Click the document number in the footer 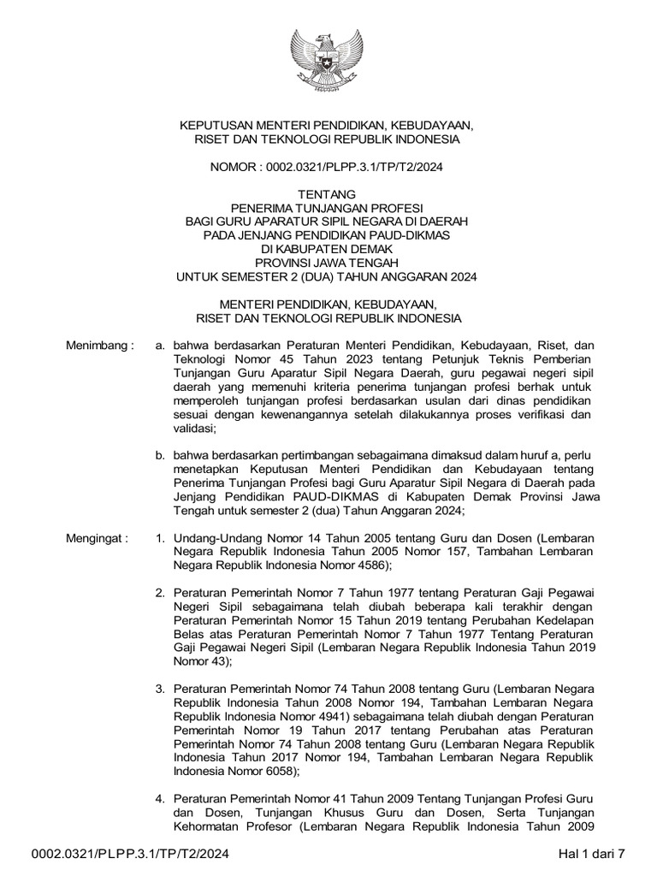pyautogui.click(x=131, y=854)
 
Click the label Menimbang pyautogui.click(x=100, y=346)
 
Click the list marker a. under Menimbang pyautogui.click(x=159, y=346)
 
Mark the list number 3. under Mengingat pyautogui.click(x=160, y=689)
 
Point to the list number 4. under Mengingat pyautogui.click(x=160, y=799)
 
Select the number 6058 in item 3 pyautogui.click(x=277, y=771)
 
